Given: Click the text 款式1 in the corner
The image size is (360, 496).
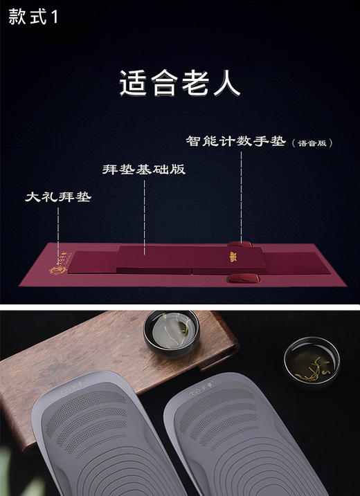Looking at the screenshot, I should (33, 17).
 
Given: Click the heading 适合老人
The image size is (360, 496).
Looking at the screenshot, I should (179, 84).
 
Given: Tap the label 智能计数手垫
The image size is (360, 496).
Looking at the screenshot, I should (235, 142).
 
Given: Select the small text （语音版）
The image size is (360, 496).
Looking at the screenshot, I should (313, 144).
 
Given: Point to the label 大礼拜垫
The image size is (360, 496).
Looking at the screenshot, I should (59, 197).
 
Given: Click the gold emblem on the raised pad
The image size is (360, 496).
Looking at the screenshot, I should (232, 259).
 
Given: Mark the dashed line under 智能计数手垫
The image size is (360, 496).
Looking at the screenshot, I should (241, 194).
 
